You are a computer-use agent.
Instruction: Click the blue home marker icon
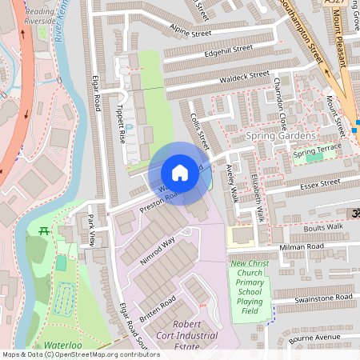pyautogui.click(x=180, y=173)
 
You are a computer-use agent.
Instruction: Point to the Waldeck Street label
pyautogui.click(x=246, y=76)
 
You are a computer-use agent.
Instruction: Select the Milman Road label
pyautogui.click(x=302, y=247)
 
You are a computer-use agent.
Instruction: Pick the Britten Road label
pyautogui.click(x=156, y=306)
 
